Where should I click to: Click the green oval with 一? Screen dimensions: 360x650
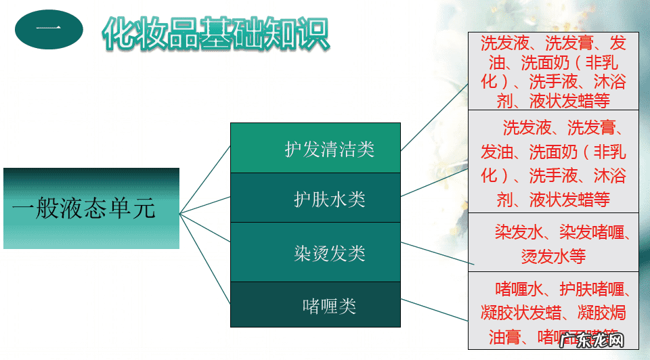click(49, 30)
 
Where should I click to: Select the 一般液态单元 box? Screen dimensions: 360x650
click(91, 208)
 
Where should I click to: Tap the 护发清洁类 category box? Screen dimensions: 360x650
click(316, 148)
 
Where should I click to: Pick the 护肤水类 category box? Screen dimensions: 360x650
click(316, 198)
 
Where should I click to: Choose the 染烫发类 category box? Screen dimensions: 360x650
click(316, 252)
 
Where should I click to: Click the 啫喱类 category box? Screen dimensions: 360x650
click(316, 305)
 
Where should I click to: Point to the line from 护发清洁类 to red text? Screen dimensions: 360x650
click(433, 117)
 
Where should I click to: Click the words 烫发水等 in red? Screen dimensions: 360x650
click(553, 256)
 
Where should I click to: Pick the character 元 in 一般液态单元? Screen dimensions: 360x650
click(144, 208)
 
